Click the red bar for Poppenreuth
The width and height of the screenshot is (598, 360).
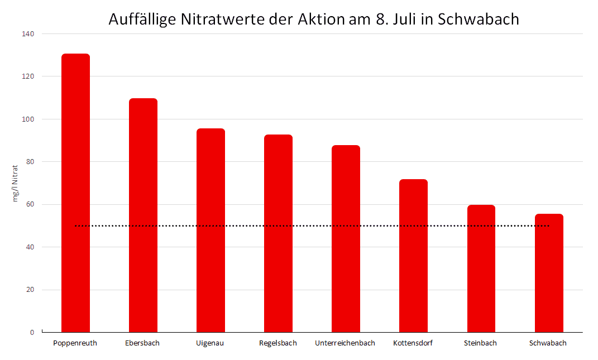pos(75,193)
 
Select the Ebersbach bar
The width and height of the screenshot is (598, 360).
pos(143,215)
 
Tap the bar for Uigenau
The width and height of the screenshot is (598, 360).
pos(211,231)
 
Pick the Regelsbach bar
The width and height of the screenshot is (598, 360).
pos(279,233)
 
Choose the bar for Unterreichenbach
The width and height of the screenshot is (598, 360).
pos(346,239)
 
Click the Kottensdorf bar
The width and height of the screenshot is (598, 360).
pos(413,256)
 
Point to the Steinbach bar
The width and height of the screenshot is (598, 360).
pos(481,268)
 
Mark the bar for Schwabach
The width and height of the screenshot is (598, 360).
pos(549,273)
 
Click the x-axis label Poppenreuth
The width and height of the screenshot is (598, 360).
pos(75,343)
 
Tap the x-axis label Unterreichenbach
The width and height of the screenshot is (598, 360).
pos(345,343)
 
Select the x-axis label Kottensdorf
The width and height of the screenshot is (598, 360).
pos(413,343)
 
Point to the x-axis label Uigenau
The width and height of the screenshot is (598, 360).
pos(210,343)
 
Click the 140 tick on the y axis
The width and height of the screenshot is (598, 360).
pos(28,34)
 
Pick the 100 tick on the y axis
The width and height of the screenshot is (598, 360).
pos(28,119)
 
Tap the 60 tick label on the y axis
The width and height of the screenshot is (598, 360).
pos(30,204)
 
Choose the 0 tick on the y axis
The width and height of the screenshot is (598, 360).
pos(32,333)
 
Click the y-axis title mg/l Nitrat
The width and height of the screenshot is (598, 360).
pos(15,184)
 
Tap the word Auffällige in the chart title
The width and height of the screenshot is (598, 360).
pos(142,19)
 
